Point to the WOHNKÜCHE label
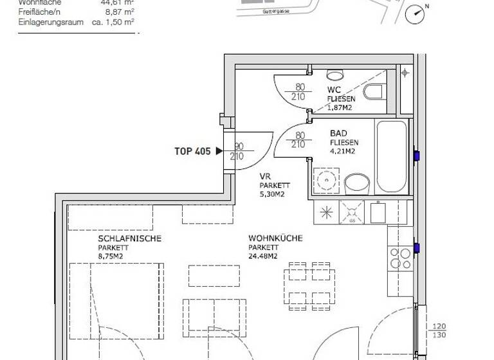[x=275, y=239]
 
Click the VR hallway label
[x=264, y=175]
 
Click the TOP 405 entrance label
[x=192, y=152]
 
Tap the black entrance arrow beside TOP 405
[x=219, y=152]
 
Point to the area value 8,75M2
[x=110, y=256]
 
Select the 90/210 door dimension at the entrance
[x=239, y=152]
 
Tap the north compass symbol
[x=417, y=13]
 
